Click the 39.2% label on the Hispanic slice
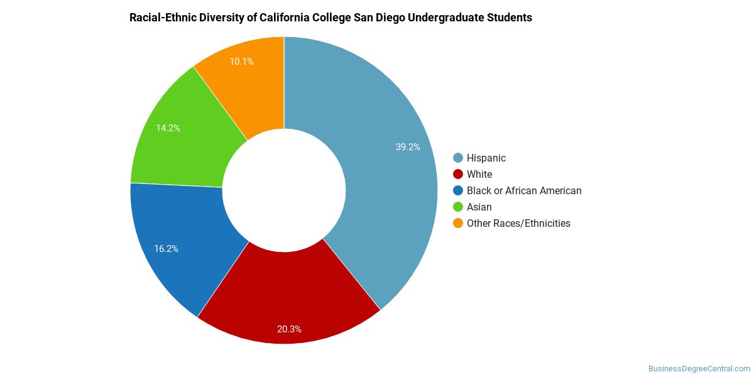tap(408, 147)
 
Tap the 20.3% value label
tap(289, 329)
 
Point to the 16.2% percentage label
tap(166, 249)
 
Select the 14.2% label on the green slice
tap(168, 128)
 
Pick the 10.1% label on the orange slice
tap(241, 62)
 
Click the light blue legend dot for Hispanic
tap(458, 158)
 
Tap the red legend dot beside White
tap(458, 174)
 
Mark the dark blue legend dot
tap(458, 190)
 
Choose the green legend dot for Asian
tap(458, 207)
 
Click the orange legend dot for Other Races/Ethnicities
tap(458, 223)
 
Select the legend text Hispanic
tap(486, 158)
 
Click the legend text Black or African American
tap(524, 191)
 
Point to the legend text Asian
tap(479, 207)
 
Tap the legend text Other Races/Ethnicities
tap(518, 224)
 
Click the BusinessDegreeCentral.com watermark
tap(699, 369)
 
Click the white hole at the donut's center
tap(284, 190)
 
